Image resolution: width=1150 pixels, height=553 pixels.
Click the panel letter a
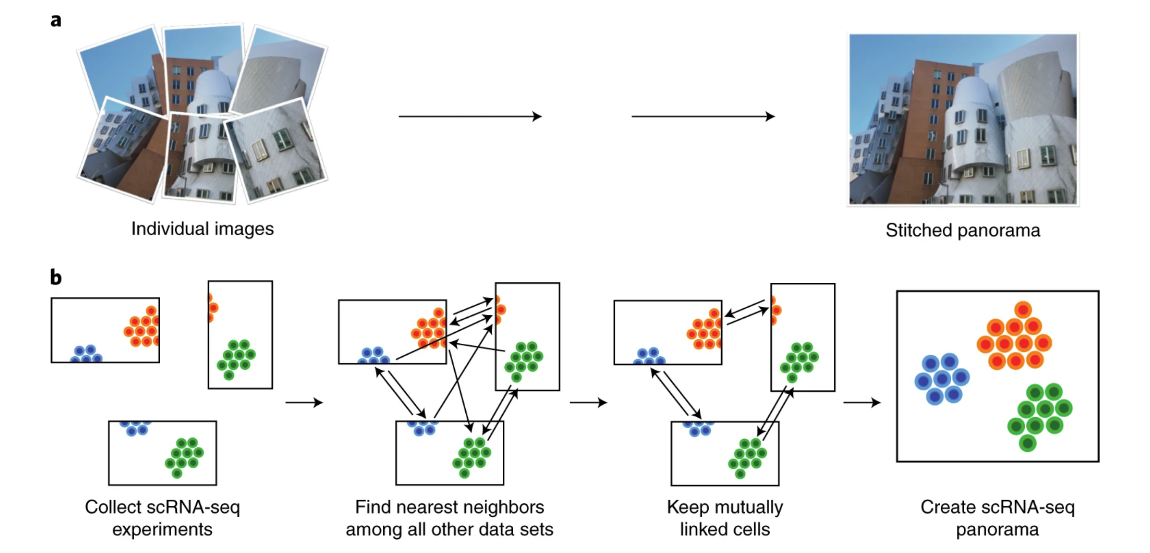[56, 21]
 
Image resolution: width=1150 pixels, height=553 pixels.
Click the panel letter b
[56, 277]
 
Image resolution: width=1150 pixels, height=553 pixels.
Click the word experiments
[163, 530]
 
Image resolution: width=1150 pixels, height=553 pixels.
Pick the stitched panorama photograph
[963, 119]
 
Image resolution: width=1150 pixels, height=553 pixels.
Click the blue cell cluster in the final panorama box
[942, 379]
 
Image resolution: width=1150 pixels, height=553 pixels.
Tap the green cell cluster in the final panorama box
[1040, 417]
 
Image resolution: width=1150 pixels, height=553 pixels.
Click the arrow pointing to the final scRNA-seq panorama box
[862, 403]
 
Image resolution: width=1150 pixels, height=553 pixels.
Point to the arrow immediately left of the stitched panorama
[703, 116]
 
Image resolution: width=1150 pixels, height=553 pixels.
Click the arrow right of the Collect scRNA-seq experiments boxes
[304, 403]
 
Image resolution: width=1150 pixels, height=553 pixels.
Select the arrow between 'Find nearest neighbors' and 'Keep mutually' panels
[588, 403]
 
